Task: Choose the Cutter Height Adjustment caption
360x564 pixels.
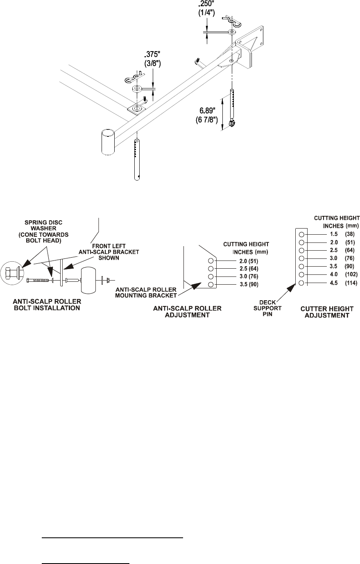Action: click(x=326, y=312)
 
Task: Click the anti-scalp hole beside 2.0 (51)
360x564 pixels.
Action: click(x=211, y=261)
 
